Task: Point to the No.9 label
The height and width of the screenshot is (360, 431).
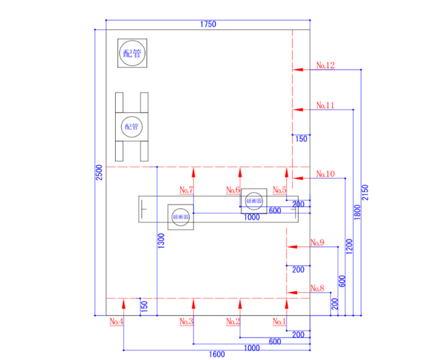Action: coord(317,243)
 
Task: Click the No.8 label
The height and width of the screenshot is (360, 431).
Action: coord(317,288)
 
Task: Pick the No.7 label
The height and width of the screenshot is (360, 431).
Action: coord(186,190)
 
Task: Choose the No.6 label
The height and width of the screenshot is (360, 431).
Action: coord(233,190)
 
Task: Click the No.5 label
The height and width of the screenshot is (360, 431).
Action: coord(280,190)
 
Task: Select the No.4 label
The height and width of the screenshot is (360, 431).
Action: coord(116,321)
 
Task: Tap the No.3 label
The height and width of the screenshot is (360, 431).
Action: coord(186,321)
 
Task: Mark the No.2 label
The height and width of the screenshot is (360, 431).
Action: coord(233,321)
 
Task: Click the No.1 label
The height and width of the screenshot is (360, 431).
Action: coord(280,321)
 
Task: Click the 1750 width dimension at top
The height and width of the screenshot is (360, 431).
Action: coord(207,24)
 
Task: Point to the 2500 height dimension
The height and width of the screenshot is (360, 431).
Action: coord(99,172)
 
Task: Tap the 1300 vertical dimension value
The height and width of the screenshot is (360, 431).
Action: coord(161,241)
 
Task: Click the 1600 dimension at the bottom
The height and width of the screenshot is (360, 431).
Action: coord(217,354)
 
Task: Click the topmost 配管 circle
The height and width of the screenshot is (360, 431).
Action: coord(132,53)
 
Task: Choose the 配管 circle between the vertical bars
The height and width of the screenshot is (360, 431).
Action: coord(132,126)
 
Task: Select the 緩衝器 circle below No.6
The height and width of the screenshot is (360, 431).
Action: coord(254,200)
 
